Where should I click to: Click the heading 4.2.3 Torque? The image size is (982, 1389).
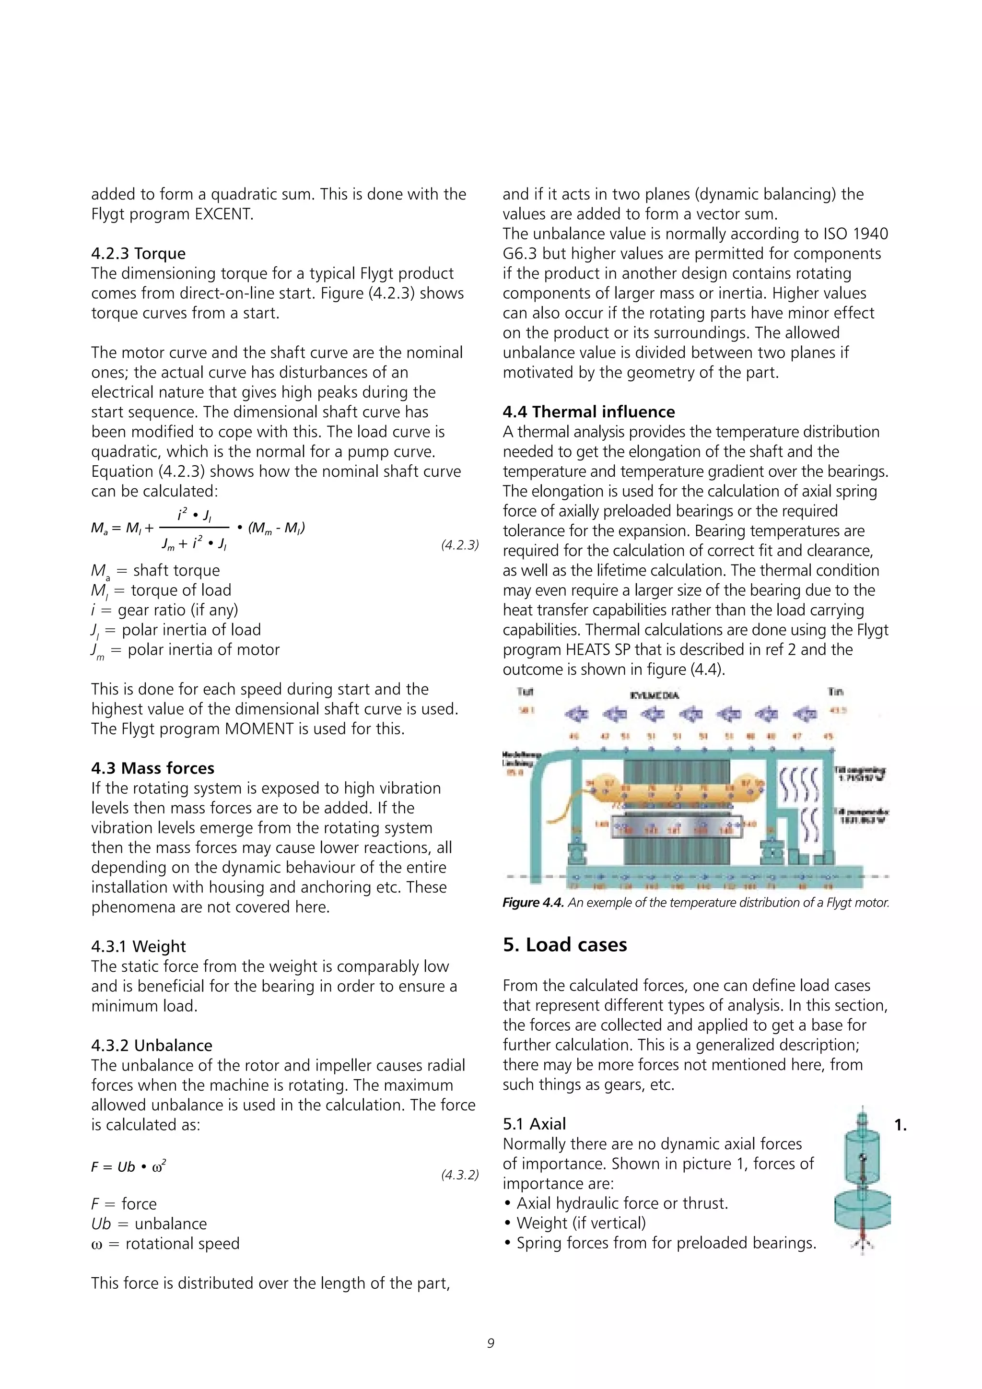tap(139, 253)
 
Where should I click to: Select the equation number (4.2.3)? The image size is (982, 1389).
tap(459, 545)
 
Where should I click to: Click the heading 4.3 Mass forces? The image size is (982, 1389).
tap(152, 768)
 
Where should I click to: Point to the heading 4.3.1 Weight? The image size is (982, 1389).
tap(139, 946)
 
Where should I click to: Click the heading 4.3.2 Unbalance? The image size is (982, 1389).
tap(152, 1046)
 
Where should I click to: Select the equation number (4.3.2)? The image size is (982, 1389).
tap(459, 1175)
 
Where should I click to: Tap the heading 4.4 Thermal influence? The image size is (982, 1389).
tap(588, 412)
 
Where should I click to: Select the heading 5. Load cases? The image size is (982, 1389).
tap(565, 945)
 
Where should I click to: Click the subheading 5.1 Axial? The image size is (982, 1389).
tap(534, 1124)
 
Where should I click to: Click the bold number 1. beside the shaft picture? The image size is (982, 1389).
tap(900, 1125)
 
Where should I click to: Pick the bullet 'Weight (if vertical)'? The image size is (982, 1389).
tap(581, 1223)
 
